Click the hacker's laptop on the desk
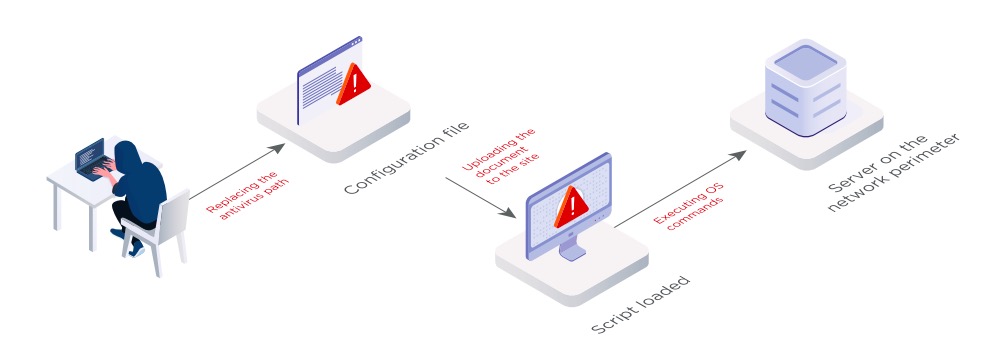[x=91, y=158]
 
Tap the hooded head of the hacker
[x=127, y=155]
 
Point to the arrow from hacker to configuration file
[x=237, y=171]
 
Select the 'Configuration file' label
[x=406, y=157]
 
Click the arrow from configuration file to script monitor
[x=481, y=197]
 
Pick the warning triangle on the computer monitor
[x=571, y=207]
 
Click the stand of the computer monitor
[x=571, y=250]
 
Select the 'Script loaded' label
[x=640, y=305]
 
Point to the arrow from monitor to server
[x=680, y=189]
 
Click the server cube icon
[x=805, y=87]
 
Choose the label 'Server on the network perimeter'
[x=893, y=173]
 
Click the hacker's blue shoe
[x=136, y=249]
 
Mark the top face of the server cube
[x=805, y=62]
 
